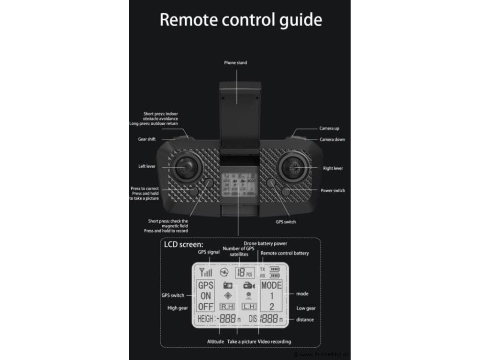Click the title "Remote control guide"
[240, 20]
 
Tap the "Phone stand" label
[235, 63]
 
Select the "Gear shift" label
[147, 139]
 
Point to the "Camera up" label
[330, 128]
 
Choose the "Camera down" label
[332, 139]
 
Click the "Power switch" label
[333, 191]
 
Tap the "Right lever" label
[333, 168]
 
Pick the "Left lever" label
[147, 166]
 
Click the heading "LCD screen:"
[183, 244]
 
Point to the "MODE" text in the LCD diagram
[271, 285]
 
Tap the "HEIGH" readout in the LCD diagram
[205, 319]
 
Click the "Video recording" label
[275, 341]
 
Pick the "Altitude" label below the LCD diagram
[215, 341]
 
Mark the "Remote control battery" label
[285, 253]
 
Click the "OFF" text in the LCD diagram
[205, 307]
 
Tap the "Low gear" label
[306, 308]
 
